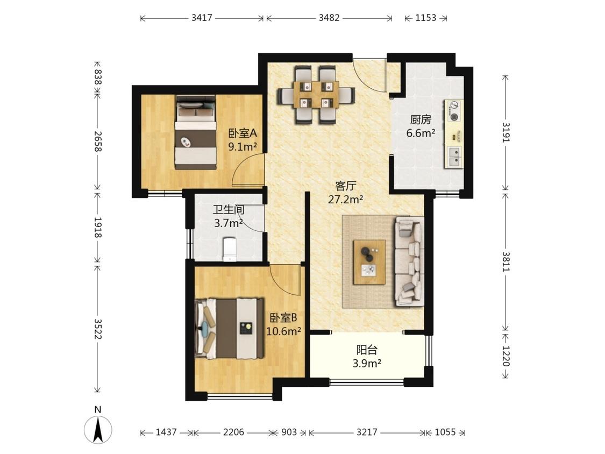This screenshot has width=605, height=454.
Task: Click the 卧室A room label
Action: (243, 133)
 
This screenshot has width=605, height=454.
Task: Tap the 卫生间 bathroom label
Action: (229, 210)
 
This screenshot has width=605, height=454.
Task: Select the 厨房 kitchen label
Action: (421, 119)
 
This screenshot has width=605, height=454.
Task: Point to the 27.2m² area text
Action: (345, 199)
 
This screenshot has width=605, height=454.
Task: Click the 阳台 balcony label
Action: (367, 350)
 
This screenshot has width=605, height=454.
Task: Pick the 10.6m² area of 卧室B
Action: (283, 331)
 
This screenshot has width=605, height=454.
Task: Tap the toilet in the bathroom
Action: (230, 249)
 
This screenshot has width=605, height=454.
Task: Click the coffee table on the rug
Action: (369, 262)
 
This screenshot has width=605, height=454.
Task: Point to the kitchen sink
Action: (454, 157)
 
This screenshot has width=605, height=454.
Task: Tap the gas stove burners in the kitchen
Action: (454, 111)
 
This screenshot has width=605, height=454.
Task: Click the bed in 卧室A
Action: (196, 132)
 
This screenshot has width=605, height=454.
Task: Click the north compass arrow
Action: (98, 430)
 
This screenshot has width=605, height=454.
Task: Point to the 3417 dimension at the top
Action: (202, 18)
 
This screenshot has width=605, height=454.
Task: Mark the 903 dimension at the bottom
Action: (289, 432)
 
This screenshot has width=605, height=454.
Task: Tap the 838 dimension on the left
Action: (98, 77)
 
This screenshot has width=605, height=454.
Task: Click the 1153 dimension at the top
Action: (425, 18)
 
